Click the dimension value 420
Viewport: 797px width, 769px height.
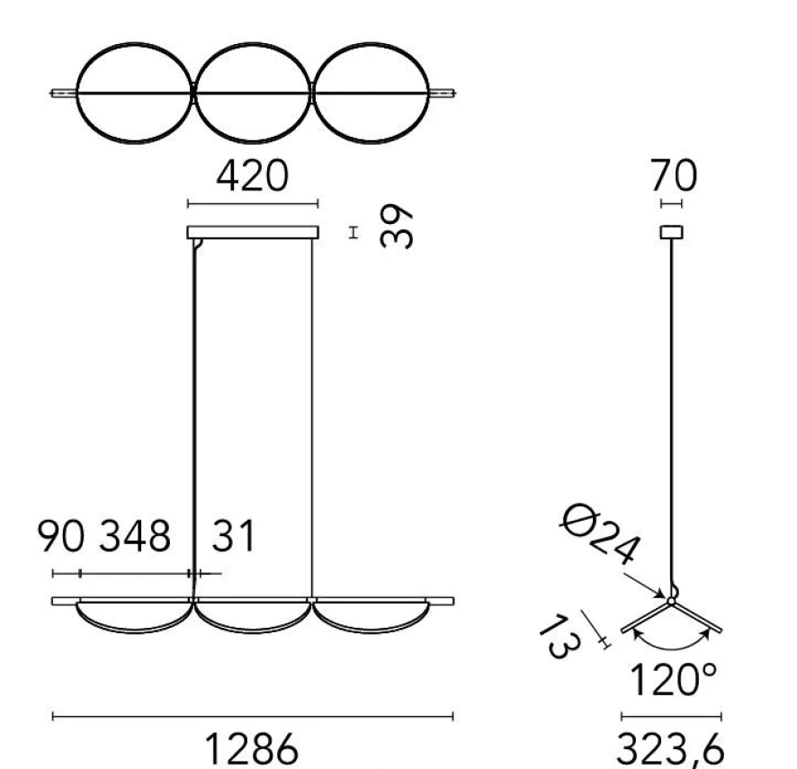pos(253,175)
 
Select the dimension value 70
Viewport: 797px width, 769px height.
pos(674,175)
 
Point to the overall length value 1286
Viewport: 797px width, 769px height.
pos(251,748)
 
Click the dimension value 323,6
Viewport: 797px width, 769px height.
pos(670,748)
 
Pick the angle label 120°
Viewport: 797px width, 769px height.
pos(674,680)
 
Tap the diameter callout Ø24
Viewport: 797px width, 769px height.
pos(600,534)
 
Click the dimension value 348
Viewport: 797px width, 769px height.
pos(135,536)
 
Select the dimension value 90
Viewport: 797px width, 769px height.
pos(60,536)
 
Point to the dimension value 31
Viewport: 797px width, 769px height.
pos(233,536)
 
